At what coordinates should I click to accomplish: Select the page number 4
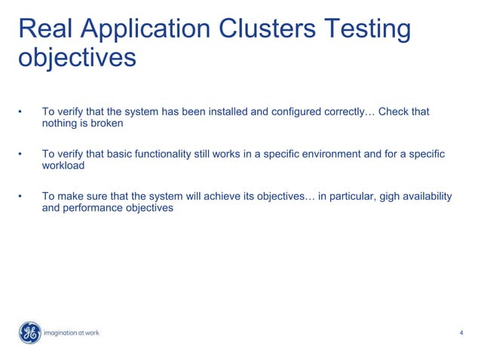461,333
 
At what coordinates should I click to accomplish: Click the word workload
63,166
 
